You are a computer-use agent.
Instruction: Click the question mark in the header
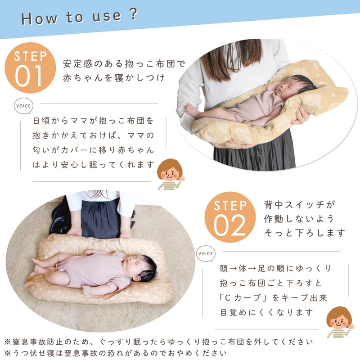tap(133, 14)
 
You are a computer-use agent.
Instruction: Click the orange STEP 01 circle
tap(30, 68)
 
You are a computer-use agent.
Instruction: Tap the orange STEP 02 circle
tap(230, 217)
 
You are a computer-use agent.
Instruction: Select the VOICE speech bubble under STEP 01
tap(23, 106)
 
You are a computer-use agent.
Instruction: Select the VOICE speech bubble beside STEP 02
tap(206, 254)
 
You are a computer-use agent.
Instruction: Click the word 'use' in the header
tap(107, 17)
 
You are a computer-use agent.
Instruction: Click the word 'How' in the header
tap(39, 18)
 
